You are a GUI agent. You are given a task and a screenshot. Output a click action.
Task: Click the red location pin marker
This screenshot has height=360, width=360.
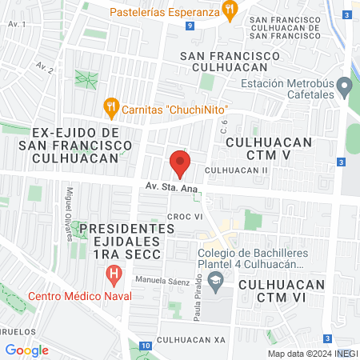180,165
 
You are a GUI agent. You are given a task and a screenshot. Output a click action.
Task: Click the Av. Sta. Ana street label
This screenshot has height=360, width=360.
171,186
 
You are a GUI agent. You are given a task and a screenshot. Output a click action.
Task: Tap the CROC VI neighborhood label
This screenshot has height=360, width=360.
182,216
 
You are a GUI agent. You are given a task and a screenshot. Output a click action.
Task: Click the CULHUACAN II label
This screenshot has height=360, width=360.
237,170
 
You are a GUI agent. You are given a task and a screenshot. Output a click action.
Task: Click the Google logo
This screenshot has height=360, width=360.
26,350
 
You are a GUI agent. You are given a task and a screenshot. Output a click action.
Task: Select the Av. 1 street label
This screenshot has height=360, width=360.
15,25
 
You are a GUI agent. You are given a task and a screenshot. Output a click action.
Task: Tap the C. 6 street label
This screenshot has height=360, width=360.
225,126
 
